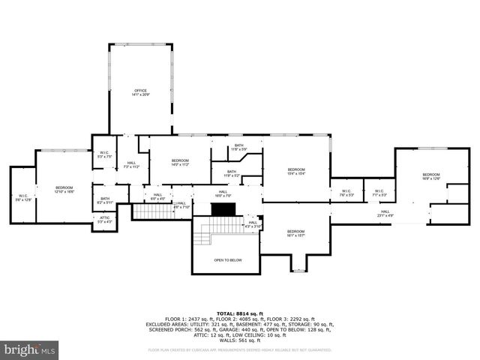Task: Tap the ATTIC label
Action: [x=104, y=220]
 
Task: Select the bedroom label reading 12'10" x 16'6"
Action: [x=64, y=190]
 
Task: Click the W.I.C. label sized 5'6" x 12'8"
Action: [x=23, y=197]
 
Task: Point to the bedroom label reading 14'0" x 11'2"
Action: [x=180, y=163]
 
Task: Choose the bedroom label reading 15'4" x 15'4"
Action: [x=296, y=172]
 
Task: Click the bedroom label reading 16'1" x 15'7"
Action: [x=295, y=233]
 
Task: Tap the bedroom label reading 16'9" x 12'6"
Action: [x=430, y=177]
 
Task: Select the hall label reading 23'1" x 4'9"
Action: [x=385, y=214]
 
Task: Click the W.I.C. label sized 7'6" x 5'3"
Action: [x=346, y=193]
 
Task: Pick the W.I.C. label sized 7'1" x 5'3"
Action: [x=379, y=193]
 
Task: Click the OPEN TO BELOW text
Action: [x=227, y=260]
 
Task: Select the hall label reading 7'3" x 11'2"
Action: [x=131, y=165]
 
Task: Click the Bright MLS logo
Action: [x=30, y=349]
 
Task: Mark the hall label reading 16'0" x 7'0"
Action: [x=223, y=193]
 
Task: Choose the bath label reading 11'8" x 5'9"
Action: [x=238, y=147]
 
